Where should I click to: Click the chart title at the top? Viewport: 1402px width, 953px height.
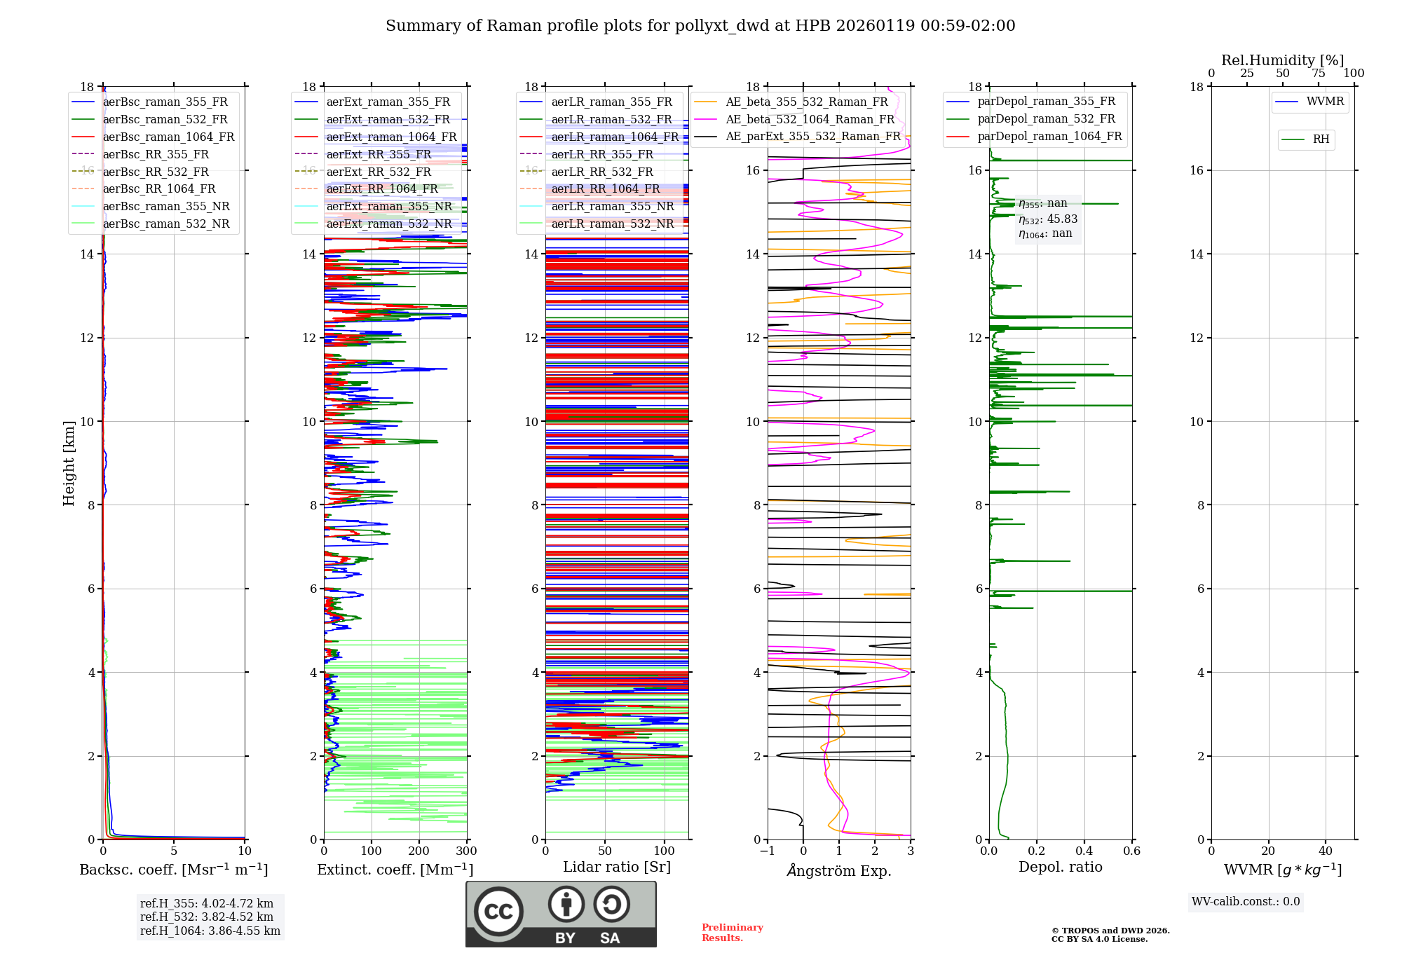[700, 26]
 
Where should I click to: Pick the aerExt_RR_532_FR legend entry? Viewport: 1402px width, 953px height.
[379, 172]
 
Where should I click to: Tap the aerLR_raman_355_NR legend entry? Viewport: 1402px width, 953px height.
[612, 206]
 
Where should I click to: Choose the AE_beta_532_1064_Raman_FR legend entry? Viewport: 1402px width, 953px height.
[810, 119]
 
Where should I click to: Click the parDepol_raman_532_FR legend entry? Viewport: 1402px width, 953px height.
[1046, 118]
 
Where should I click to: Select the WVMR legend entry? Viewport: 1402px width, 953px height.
[1325, 102]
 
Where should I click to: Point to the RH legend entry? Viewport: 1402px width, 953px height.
[1321, 139]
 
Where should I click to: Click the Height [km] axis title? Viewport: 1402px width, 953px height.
[69, 462]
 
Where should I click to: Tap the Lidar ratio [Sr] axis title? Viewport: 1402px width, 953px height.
[617, 867]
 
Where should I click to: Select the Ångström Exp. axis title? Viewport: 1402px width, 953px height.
[839, 870]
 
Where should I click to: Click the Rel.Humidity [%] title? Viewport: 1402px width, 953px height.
[1282, 60]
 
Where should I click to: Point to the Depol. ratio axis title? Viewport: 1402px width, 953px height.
[1060, 867]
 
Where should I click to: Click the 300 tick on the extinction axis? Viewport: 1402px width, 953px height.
[466, 851]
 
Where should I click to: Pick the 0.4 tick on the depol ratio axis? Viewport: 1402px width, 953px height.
[1084, 851]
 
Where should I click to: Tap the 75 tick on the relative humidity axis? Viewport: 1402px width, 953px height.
[1318, 73]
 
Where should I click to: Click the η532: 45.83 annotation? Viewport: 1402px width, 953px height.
[1048, 219]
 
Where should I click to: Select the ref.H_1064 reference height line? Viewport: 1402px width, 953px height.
[210, 931]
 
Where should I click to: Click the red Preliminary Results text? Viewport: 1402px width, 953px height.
[732, 933]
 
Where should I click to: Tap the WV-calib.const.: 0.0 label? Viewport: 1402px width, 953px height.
[1246, 902]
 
